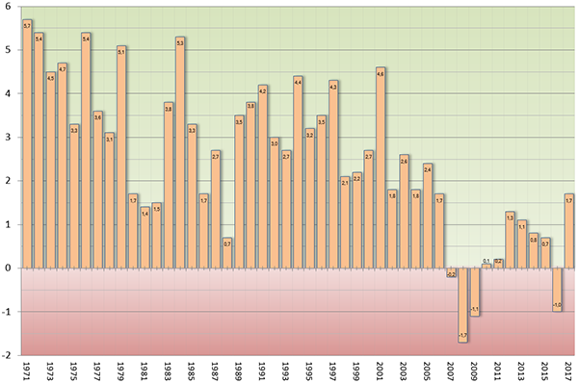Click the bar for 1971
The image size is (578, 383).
(x=27, y=144)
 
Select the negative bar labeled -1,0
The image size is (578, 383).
(x=557, y=289)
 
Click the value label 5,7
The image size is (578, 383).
(x=27, y=25)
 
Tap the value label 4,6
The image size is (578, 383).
(x=381, y=72)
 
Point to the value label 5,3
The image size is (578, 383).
(x=180, y=41)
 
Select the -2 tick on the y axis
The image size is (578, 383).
(x=7, y=355)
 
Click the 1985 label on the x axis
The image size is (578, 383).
(x=192, y=370)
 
